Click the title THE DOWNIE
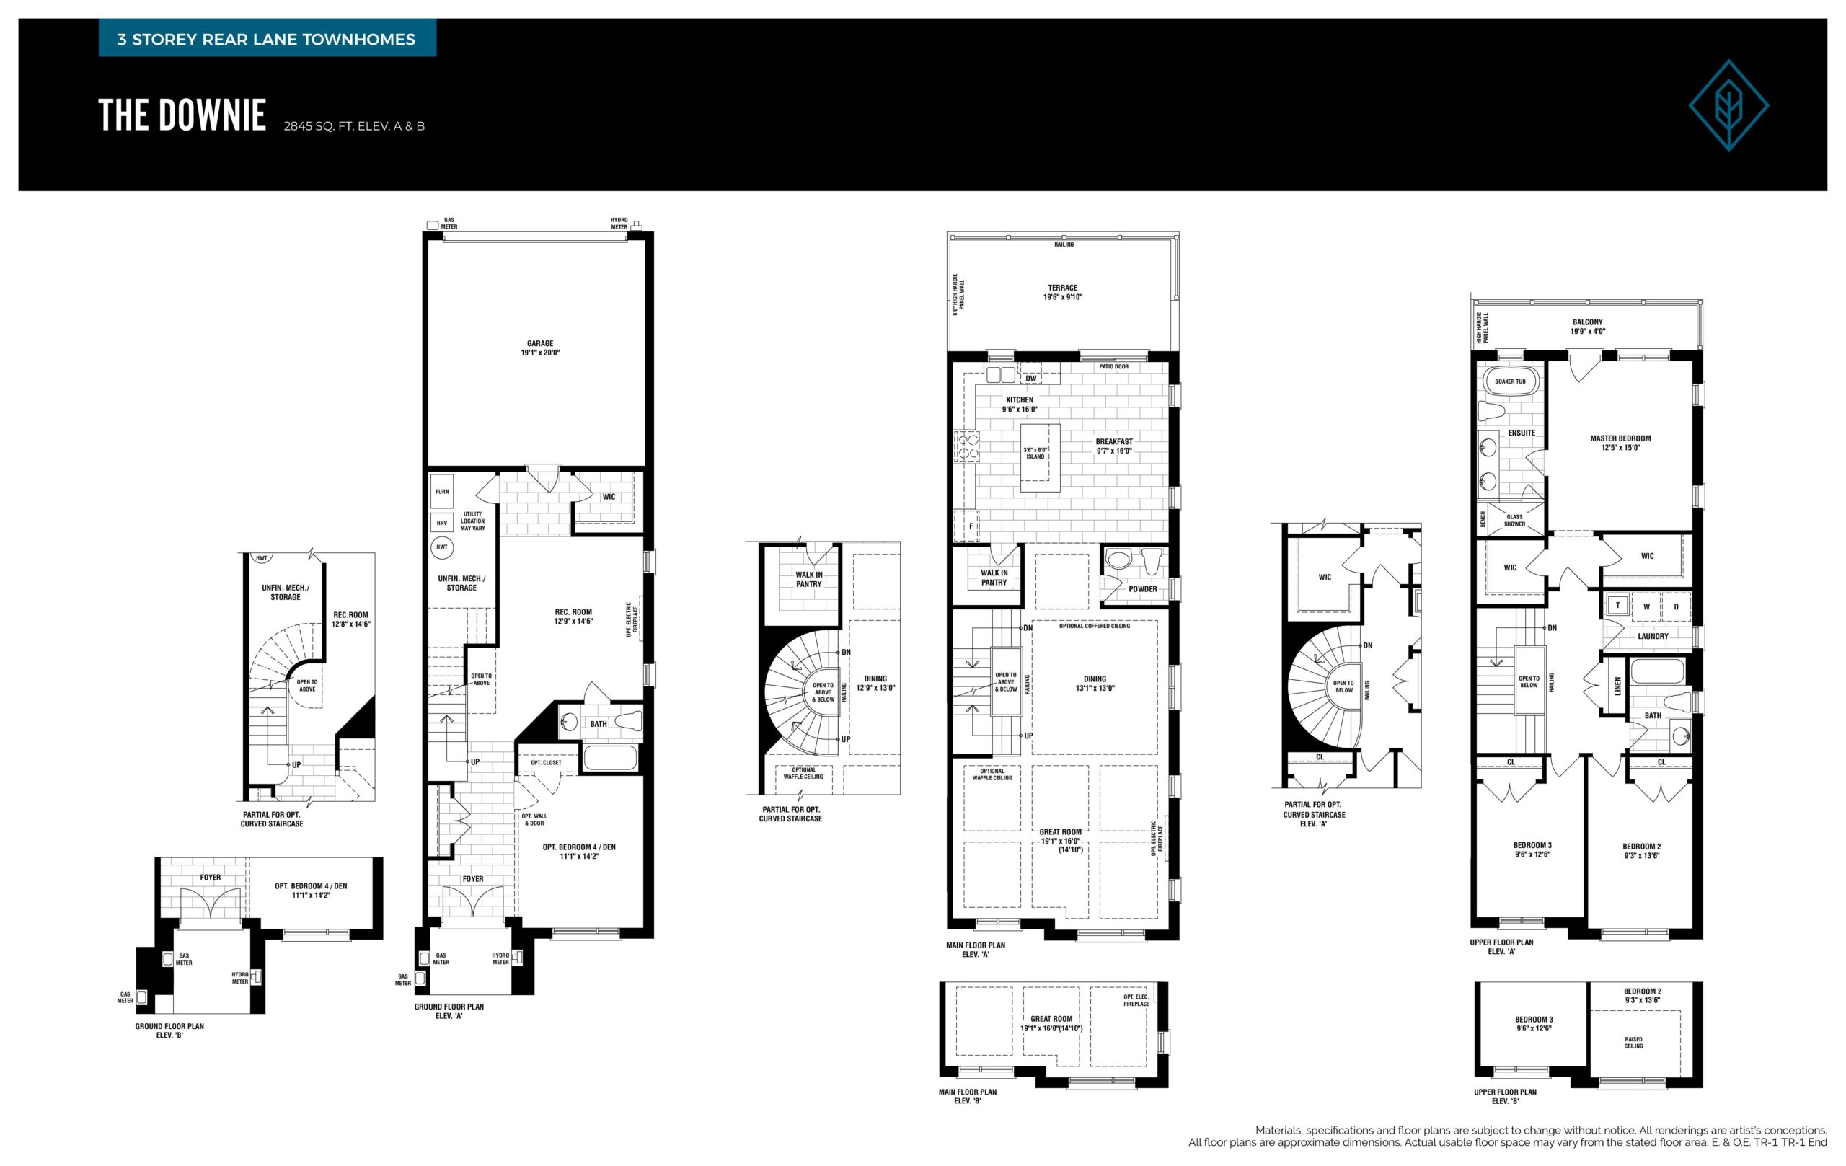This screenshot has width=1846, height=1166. click(x=182, y=116)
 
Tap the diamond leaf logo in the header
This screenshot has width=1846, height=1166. click(x=1728, y=105)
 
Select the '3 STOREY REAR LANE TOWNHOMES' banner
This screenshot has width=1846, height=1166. click(x=267, y=39)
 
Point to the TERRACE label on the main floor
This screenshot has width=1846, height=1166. click(x=1062, y=292)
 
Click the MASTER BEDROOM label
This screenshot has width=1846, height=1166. click(x=1620, y=443)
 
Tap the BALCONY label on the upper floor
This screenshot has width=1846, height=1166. click(x=1587, y=327)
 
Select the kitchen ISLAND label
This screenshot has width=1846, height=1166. click(x=1035, y=453)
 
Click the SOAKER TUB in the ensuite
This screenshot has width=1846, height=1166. click(x=1509, y=381)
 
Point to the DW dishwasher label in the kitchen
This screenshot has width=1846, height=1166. click(x=1031, y=378)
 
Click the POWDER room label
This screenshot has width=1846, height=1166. click(x=1142, y=588)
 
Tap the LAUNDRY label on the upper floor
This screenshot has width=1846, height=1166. click(x=1653, y=635)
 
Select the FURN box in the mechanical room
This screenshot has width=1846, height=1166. click(x=442, y=491)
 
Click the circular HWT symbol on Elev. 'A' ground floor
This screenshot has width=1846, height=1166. click(x=442, y=547)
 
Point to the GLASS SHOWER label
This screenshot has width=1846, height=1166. click(x=1514, y=521)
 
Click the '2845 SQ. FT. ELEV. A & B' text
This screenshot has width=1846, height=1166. click(x=354, y=125)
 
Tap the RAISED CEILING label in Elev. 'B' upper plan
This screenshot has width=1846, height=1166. click(x=1634, y=1043)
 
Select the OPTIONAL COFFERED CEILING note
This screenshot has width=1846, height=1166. click(x=1095, y=626)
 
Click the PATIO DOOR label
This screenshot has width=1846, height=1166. click(x=1114, y=366)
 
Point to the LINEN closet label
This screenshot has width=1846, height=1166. click(x=1618, y=685)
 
